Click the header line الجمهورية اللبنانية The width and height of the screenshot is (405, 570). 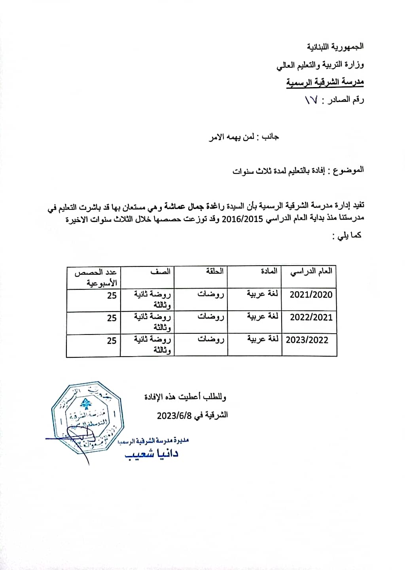pos(335,47)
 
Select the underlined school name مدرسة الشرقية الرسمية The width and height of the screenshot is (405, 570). pos(325,82)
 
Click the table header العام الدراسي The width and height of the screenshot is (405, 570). pos(311,272)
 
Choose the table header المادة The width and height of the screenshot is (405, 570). pos(269,272)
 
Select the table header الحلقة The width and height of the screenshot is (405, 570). pos(215,272)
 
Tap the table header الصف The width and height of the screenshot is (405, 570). pos(161,272)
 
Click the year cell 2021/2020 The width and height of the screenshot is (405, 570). pos(311,294)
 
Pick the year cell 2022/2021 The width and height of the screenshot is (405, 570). pos(311,317)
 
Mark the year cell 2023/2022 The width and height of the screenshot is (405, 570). pos(307,340)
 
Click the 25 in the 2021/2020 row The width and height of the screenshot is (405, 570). pos(112,295)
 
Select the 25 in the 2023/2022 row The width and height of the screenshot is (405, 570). pos(112,340)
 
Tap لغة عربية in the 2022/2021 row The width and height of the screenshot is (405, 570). pos(262,317)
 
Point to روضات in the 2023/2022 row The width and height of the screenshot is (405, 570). pos(211,340)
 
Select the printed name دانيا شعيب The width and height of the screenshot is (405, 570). pos(152,453)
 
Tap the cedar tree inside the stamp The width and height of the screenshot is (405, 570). pos(84,404)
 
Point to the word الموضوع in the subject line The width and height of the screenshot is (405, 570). pos(349,170)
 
